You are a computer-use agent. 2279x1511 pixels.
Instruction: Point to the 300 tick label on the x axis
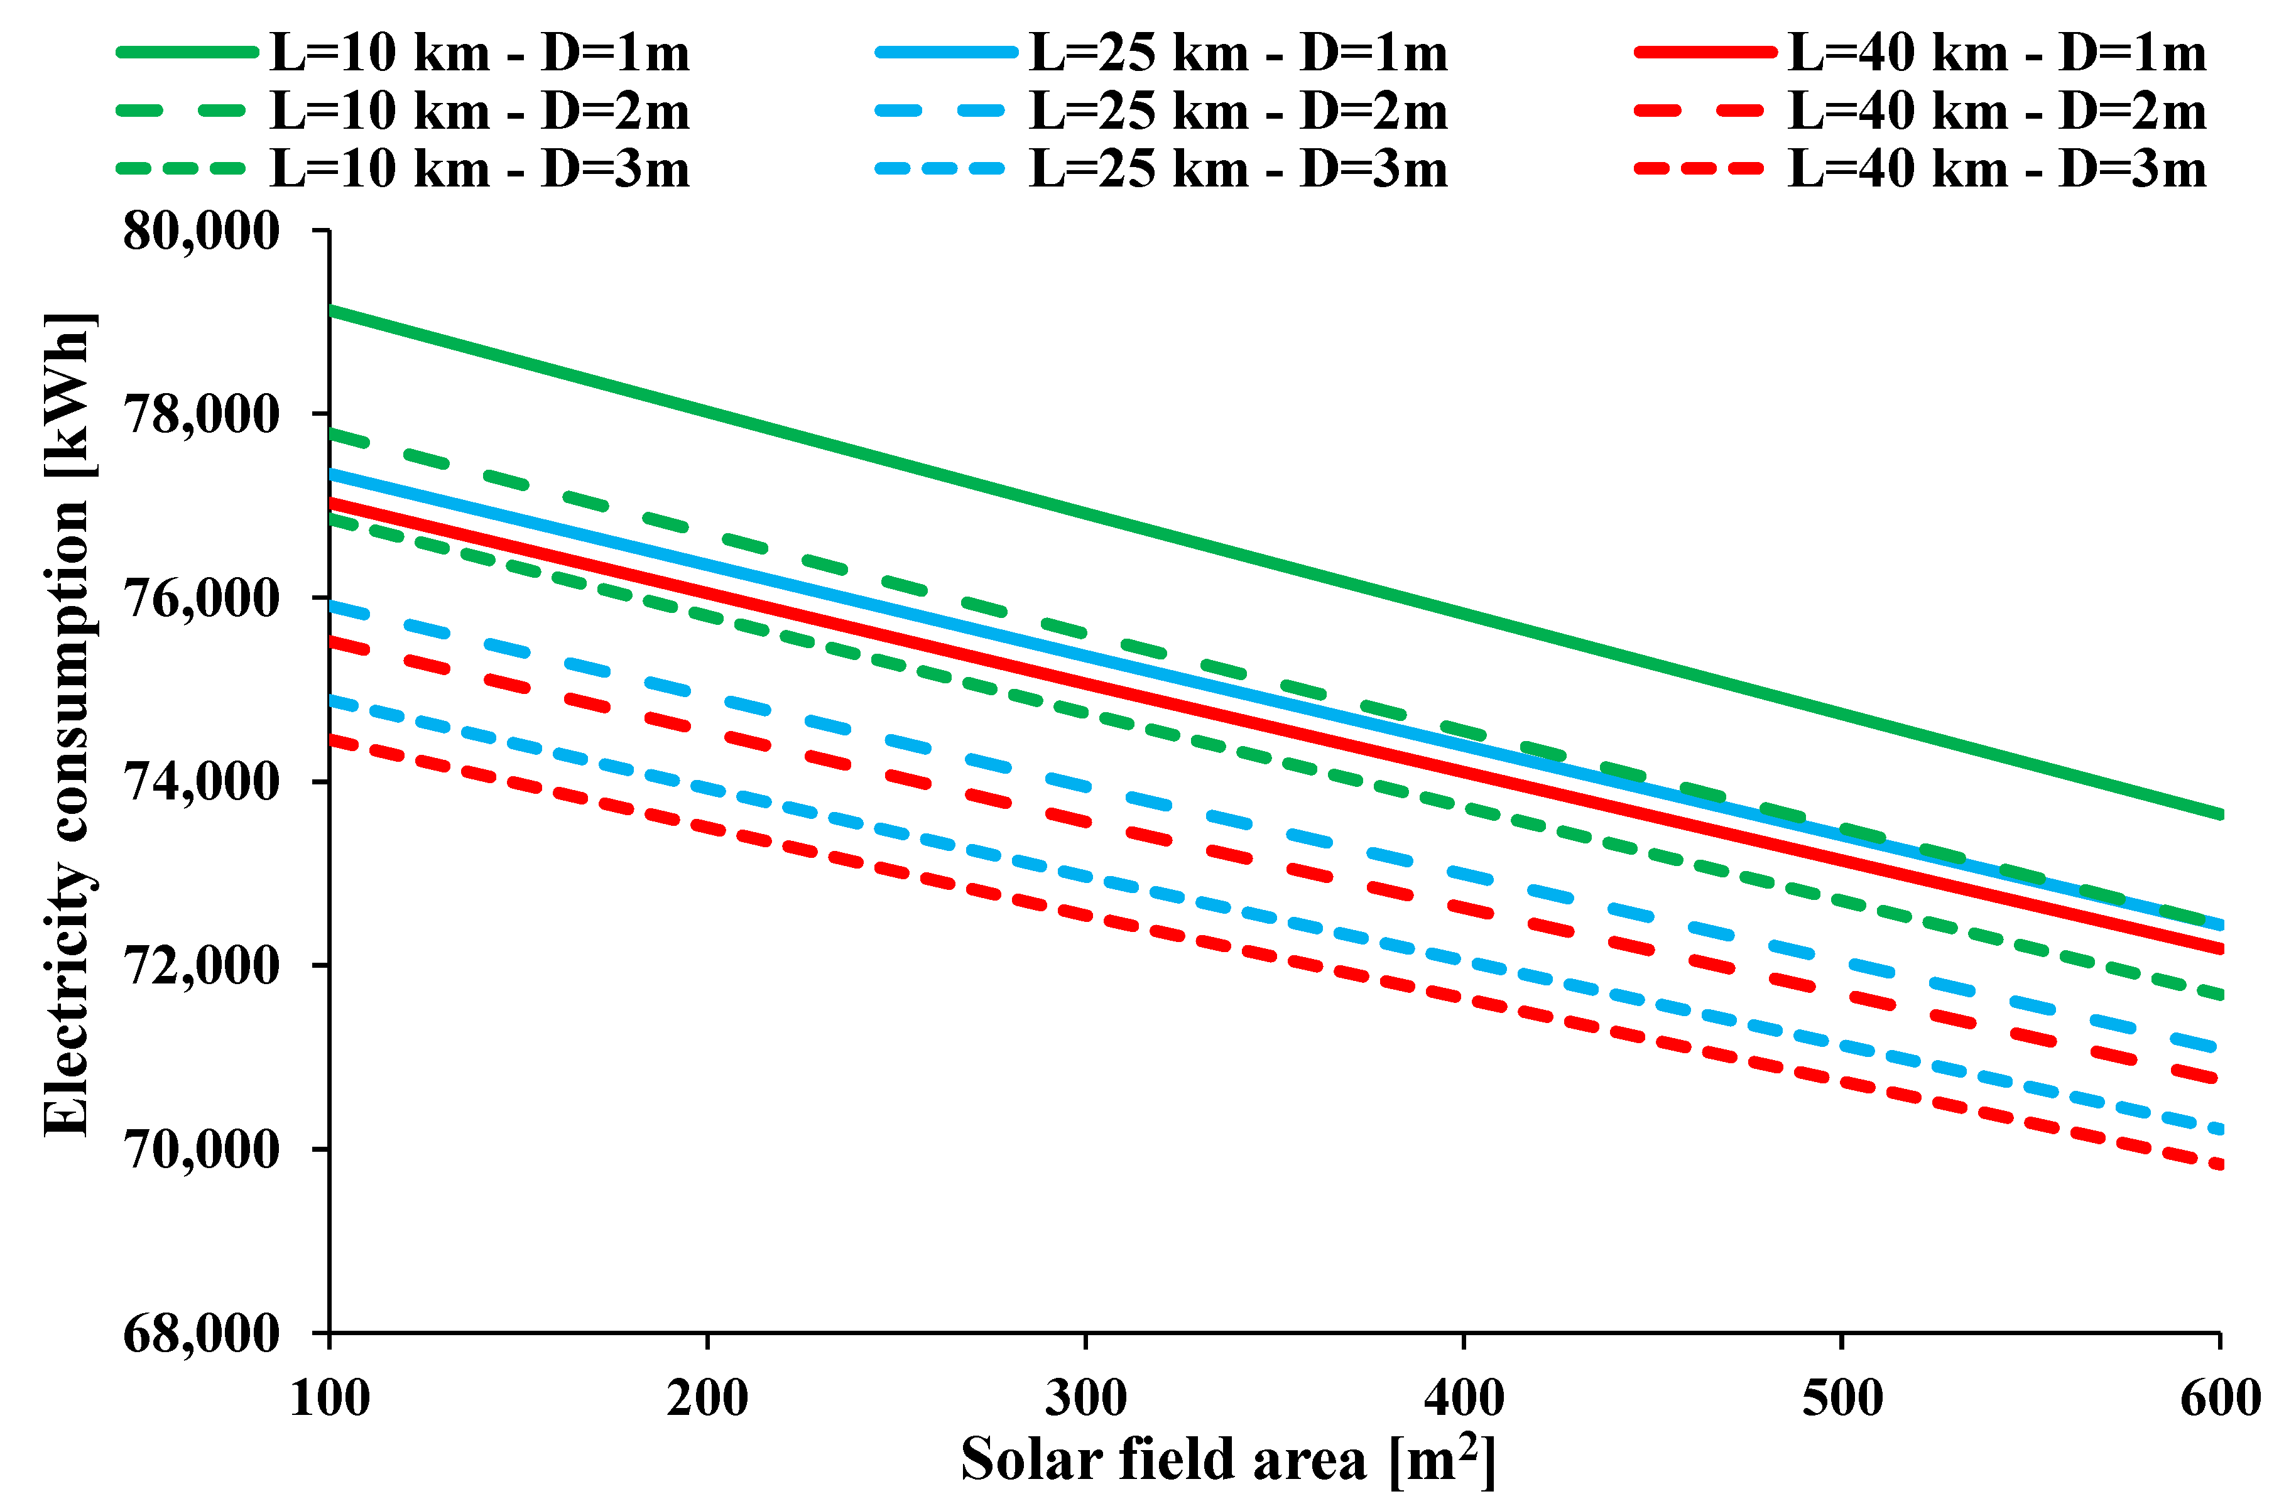(x=1086, y=1397)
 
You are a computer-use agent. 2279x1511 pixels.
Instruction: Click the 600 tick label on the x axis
(x=2220, y=1397)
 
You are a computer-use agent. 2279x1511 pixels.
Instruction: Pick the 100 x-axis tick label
(x=330, y=1397)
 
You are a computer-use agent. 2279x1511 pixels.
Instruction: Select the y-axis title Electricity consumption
(x=67, y=723)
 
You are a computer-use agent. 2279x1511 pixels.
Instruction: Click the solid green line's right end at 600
(x=2219, y=815)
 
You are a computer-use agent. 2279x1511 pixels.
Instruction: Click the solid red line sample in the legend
(x=1705, y=53)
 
